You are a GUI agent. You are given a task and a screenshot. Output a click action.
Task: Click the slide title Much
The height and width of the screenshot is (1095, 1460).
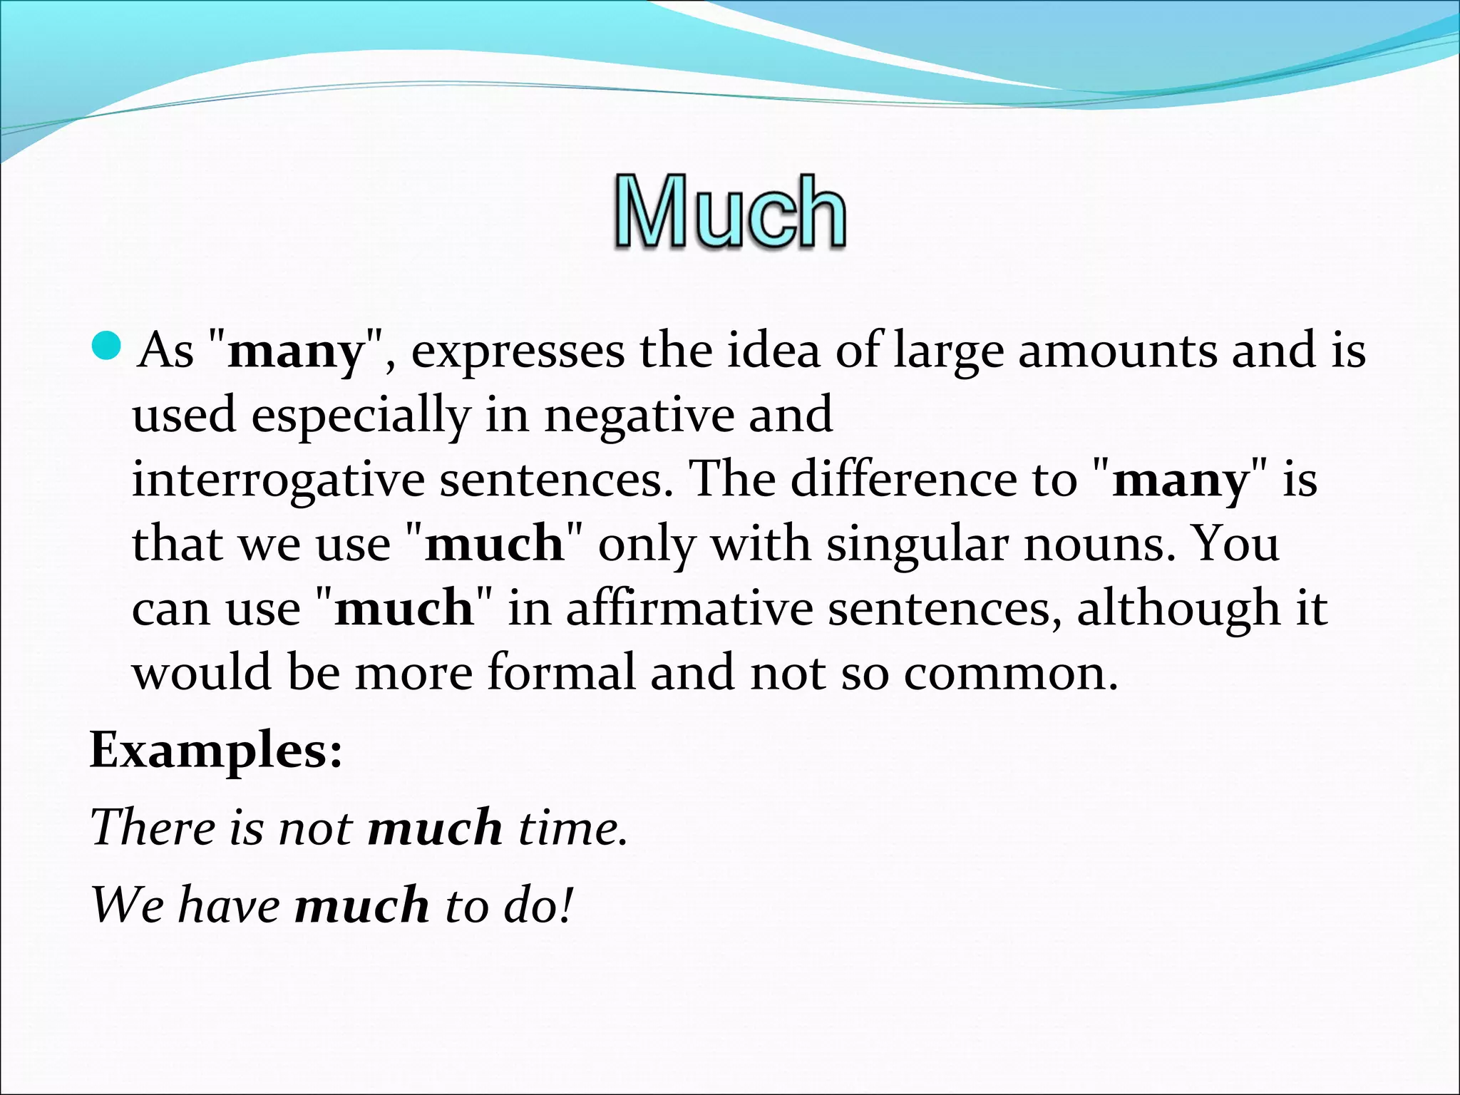(730, 212)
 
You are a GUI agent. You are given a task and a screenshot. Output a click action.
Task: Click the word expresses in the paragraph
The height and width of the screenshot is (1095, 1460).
(518, 351)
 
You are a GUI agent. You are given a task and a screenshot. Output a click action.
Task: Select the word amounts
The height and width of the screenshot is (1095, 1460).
(1117, 351)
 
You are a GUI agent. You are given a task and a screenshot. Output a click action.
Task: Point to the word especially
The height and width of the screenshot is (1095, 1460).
(361, 416)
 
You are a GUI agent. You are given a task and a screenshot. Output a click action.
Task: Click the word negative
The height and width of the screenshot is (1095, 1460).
(639, 416)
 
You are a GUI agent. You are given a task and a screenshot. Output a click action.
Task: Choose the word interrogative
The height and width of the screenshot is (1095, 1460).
(278, 480)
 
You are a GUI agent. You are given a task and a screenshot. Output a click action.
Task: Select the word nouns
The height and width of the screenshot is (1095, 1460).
(1099, 544)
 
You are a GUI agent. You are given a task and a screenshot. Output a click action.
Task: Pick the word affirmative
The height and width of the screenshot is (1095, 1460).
(689, 608)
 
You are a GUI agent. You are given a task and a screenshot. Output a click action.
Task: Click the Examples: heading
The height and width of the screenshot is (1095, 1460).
(216, 751)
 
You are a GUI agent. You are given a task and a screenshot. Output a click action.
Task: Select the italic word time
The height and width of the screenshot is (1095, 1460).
(572, 828)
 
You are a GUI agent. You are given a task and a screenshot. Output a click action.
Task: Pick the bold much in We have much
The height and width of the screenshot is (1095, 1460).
(362, 905)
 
